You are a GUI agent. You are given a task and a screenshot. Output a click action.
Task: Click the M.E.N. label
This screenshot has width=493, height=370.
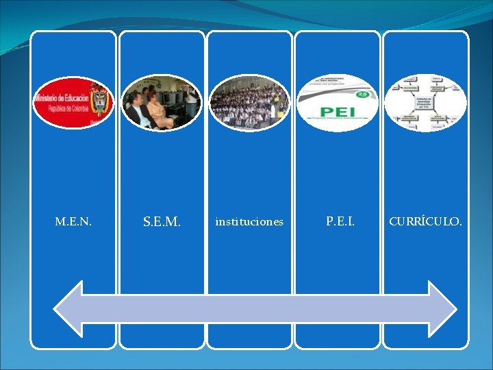click(x=73, y=222)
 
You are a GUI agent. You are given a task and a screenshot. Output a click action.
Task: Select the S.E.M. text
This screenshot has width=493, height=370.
click(x=162, y=222)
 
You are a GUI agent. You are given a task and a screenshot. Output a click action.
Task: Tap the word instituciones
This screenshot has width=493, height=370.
click(x=249, y=222)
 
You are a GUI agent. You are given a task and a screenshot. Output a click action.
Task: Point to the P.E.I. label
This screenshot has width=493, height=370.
click(x=340, y=221)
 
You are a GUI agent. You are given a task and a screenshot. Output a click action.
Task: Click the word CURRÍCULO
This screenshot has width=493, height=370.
click(x=425, y=222)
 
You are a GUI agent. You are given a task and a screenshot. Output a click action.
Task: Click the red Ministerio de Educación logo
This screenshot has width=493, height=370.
click(x=72, y=103)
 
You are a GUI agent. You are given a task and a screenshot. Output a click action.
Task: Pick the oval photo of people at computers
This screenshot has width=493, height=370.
click(x=161, y=103)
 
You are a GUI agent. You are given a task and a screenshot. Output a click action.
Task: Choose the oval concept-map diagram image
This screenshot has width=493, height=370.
click(x=425, y=103)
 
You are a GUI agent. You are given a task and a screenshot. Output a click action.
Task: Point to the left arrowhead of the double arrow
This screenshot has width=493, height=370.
click(x=68, y=312)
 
